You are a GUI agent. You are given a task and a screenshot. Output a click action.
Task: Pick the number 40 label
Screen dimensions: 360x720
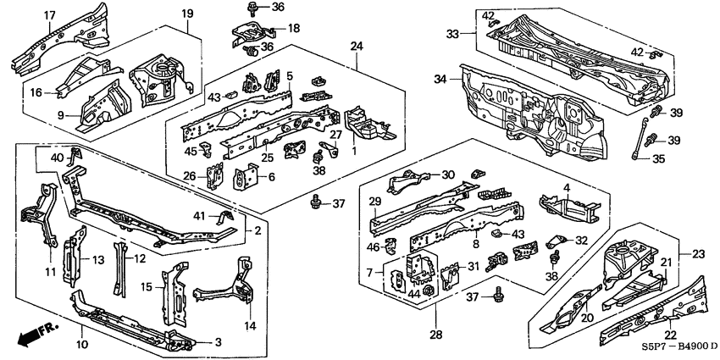(57, 158)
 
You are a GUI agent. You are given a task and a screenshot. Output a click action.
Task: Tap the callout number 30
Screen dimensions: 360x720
(448, 174)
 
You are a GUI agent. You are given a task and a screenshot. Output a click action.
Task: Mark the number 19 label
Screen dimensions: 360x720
(187, 13)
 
